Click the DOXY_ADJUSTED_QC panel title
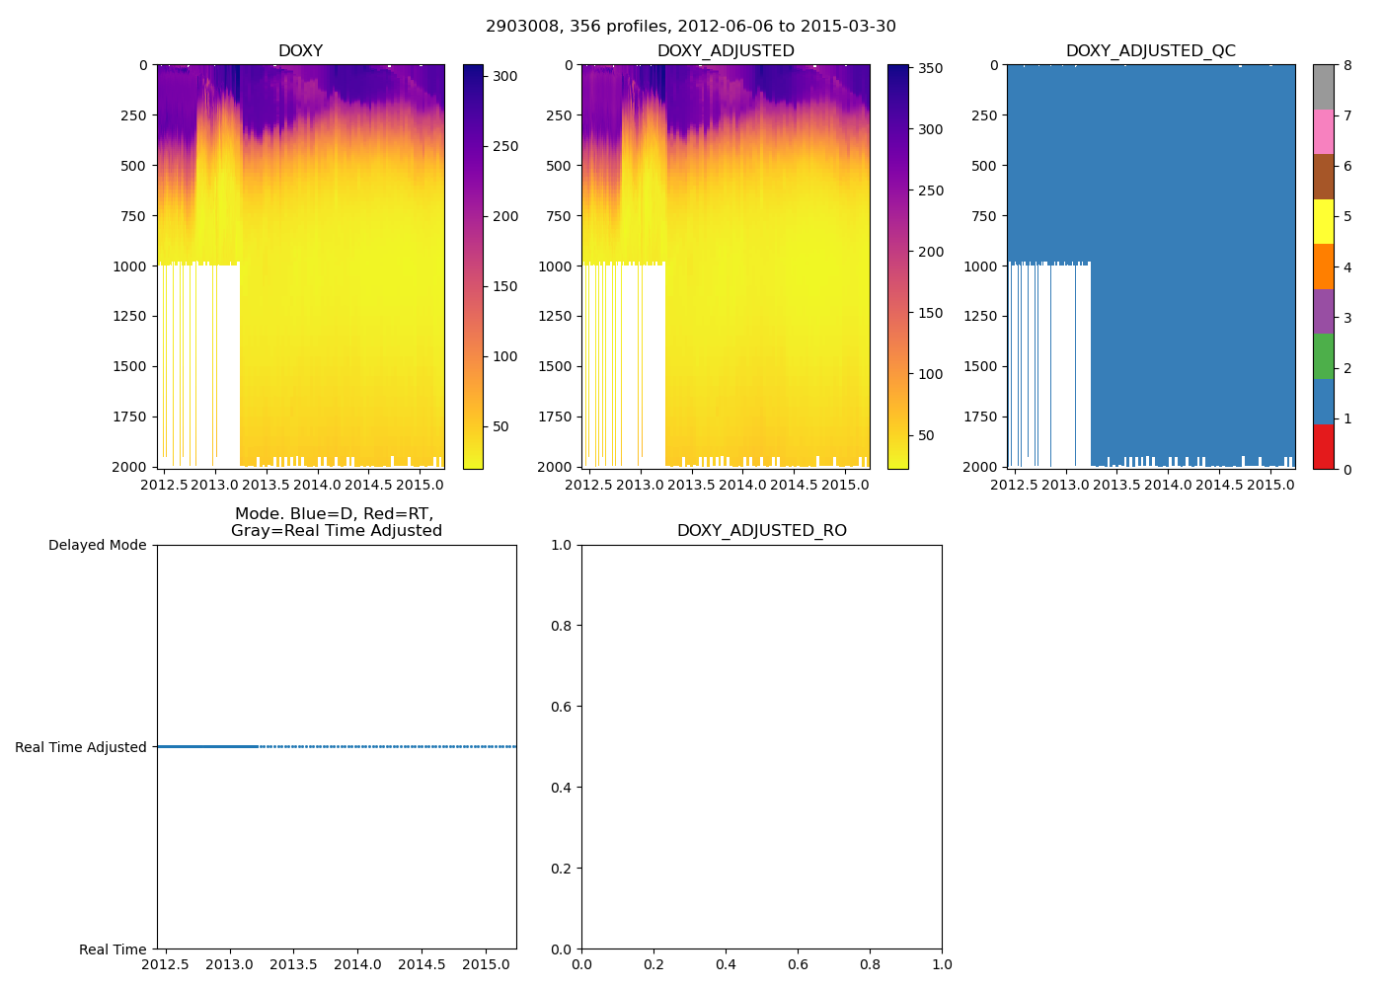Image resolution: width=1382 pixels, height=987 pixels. click(1150, 51)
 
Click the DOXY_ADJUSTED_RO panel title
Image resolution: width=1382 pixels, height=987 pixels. click(761, 531)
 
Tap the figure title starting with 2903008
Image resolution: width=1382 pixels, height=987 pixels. click(691, 27)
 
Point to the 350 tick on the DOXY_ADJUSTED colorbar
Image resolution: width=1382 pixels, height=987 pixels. click(930, 68)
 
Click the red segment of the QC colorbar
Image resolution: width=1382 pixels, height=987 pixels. click(1323, 446)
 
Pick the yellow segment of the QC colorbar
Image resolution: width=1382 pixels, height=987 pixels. click(1323, 221)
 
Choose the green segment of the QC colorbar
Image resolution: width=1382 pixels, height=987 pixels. click(1323, 356)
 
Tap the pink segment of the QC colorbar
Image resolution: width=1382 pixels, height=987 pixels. click(1323, 131)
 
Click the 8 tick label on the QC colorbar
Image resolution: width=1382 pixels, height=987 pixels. click(1347, 66)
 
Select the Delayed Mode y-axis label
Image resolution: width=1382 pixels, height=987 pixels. click(97, 546)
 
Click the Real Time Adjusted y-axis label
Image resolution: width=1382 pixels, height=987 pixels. click(81, 748)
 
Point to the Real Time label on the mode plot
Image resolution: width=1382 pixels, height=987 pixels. click(113, 949)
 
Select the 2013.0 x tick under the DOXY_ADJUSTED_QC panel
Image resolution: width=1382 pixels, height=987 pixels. click(1065, 485)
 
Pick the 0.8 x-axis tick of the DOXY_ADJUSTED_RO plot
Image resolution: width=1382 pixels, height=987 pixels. click(870, 964)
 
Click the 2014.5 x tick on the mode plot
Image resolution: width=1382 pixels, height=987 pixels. click(422, 964)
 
